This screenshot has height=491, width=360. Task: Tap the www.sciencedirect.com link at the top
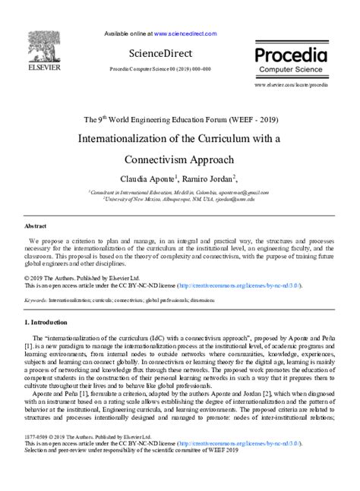185,33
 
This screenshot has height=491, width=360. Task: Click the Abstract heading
36,226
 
